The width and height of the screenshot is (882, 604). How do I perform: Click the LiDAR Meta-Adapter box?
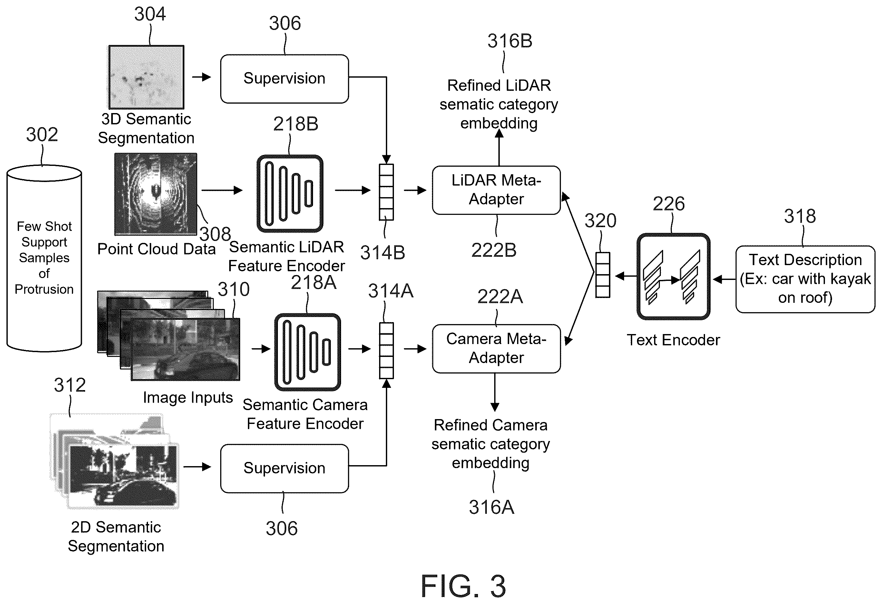(496, 190)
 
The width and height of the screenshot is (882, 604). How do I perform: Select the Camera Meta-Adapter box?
(496, 349)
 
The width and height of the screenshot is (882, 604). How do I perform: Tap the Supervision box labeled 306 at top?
(284, 79)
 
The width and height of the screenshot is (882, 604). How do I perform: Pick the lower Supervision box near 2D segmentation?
(284, 468)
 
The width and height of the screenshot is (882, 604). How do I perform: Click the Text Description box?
(805, 279)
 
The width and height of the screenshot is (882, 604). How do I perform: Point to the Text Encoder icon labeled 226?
(673, 276)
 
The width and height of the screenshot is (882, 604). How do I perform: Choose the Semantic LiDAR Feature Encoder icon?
(290, 193)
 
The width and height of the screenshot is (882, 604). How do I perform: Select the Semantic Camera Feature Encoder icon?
(308, 352)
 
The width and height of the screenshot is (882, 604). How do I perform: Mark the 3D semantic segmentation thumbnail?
(146, 77)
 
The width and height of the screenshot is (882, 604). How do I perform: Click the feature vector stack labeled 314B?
(386, 192)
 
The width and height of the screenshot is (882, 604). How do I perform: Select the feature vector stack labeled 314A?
(386, 350)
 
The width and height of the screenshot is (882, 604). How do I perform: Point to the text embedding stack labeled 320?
(603, 275)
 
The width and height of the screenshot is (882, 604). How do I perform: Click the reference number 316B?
(510, 41)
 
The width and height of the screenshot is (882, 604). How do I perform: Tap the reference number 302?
(42, 135)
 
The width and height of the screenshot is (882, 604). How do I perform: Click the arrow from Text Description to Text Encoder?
(724, 279)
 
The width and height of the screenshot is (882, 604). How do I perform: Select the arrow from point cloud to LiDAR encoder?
(222, 190)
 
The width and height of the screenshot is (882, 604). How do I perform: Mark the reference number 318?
(800, 216)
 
